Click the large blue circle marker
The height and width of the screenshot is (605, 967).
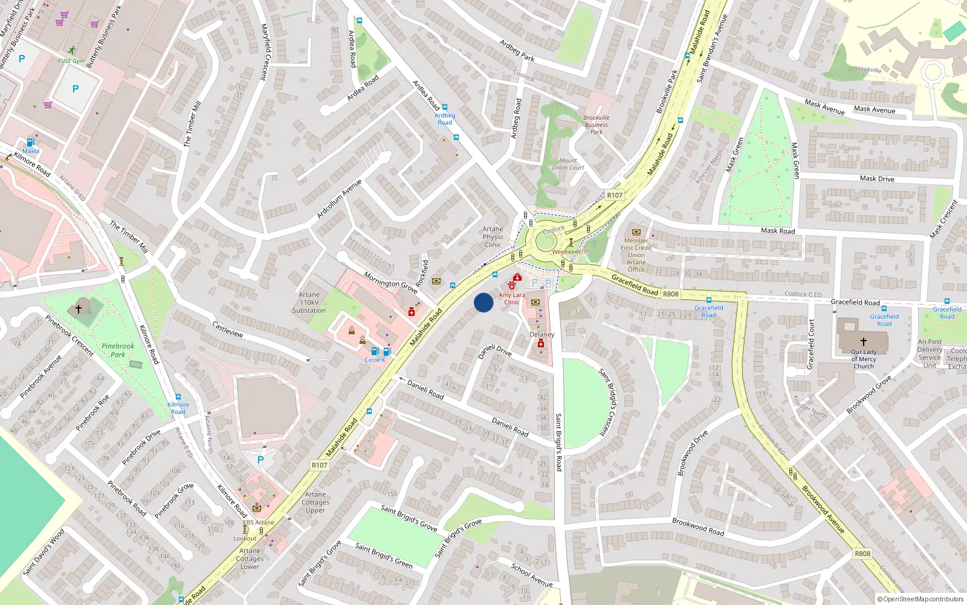tap(483, 302)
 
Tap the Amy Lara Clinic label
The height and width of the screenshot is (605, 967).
tap(511, 298)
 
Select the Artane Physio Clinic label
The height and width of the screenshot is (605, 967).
tap(493, 237)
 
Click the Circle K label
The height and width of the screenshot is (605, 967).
tap(375, 360)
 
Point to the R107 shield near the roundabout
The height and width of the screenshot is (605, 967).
tap(614, 195)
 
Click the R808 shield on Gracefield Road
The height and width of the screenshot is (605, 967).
tap(670, 294)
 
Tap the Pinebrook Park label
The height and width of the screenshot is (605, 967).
tap(118, 350)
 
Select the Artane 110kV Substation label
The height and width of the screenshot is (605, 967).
tap(309, 302)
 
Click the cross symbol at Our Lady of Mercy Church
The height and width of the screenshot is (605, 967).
tap(863, 342)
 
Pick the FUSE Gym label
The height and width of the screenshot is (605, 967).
tap(71, 61)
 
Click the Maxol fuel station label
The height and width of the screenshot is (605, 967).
tap(30, 151)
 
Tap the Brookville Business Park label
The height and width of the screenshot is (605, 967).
tap(596, 125)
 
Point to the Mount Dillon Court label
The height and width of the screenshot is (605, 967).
tap(568, 164)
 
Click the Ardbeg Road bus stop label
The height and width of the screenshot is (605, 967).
tap(445, 119)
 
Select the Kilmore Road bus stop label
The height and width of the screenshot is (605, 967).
tap(178, 408)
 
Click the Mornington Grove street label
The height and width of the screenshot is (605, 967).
tap(390, 283)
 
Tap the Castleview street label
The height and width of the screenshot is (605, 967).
tap(228, 330)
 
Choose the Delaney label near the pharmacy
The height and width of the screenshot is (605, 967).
tap(542, 335)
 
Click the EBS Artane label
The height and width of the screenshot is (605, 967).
tap(259, 522)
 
